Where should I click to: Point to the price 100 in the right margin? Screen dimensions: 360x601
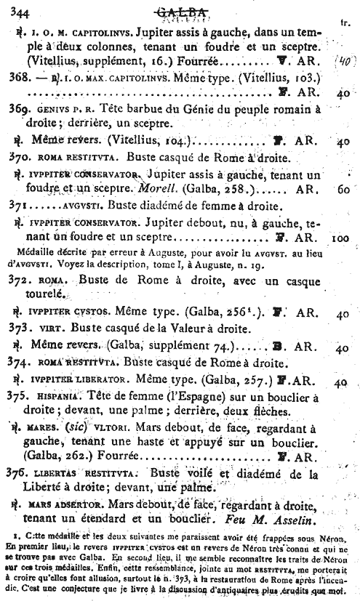341,236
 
